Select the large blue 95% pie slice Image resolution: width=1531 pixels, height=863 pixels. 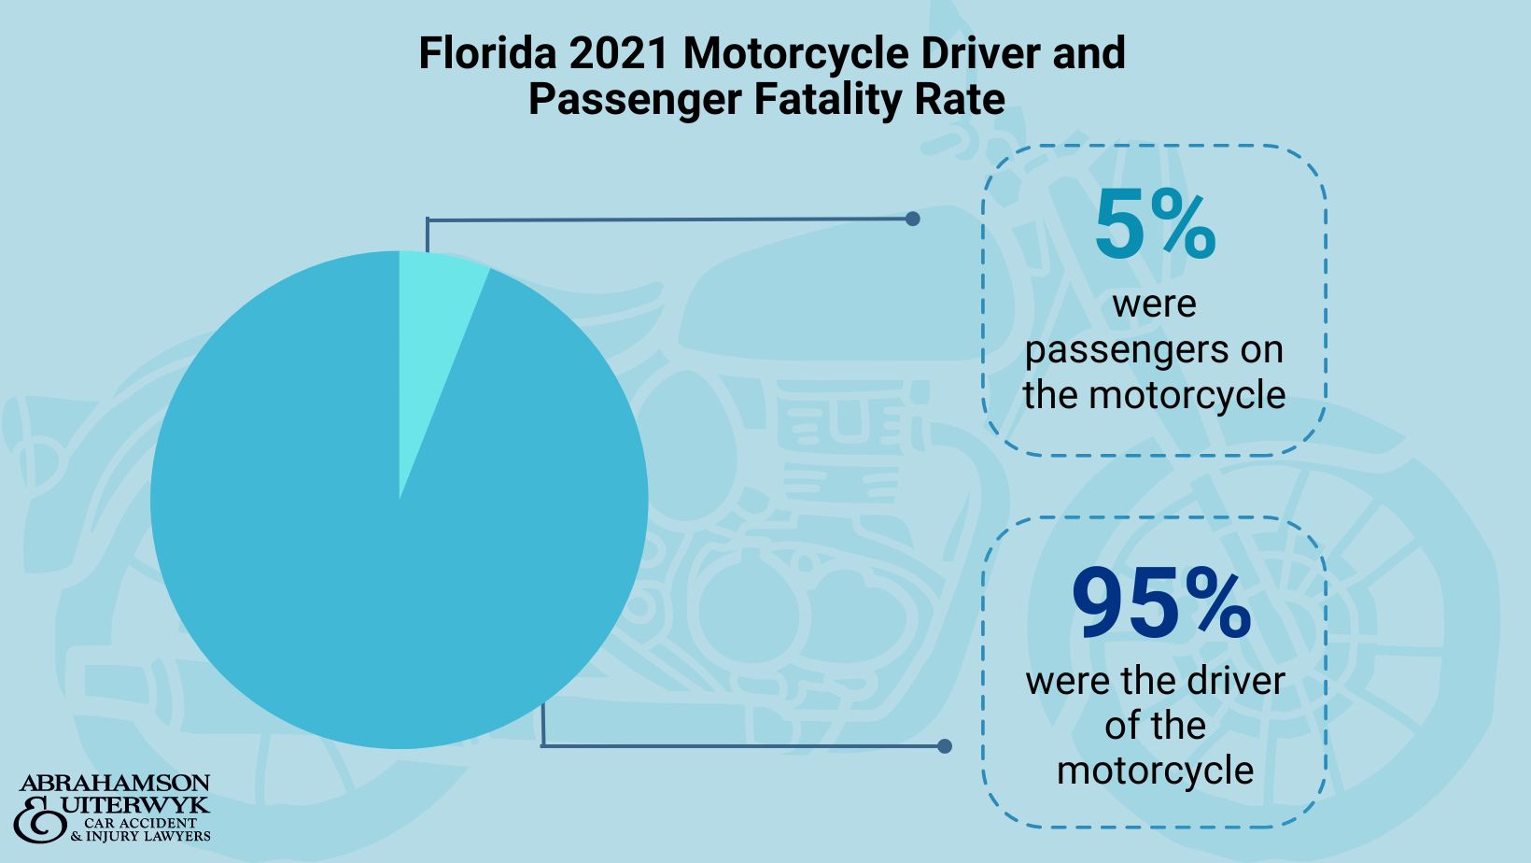[373, 560]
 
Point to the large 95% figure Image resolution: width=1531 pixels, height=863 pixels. [1160, 605]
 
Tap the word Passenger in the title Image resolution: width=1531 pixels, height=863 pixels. [634, 100]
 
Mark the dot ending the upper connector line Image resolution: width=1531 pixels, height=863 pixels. [913, 219]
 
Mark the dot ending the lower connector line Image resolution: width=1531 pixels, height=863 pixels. [945, 746]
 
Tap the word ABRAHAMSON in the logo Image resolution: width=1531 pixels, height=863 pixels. [115, 783]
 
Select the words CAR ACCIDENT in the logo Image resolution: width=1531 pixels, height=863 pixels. [140, 823]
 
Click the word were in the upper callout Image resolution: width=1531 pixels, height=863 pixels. [1154, 304]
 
